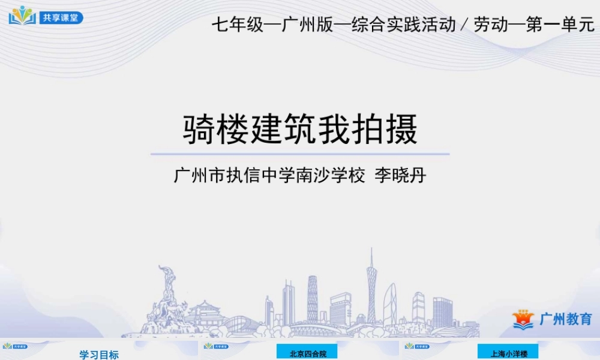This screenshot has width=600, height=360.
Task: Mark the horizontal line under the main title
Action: [300, 154]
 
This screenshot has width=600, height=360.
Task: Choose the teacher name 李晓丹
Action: [400, 176]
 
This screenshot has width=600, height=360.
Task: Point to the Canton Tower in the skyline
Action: [371, 288]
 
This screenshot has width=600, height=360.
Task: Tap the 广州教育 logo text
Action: [565, 319]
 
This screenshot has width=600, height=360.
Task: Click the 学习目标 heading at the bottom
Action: [99, 355]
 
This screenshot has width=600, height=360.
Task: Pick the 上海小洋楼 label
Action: [509, 354]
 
